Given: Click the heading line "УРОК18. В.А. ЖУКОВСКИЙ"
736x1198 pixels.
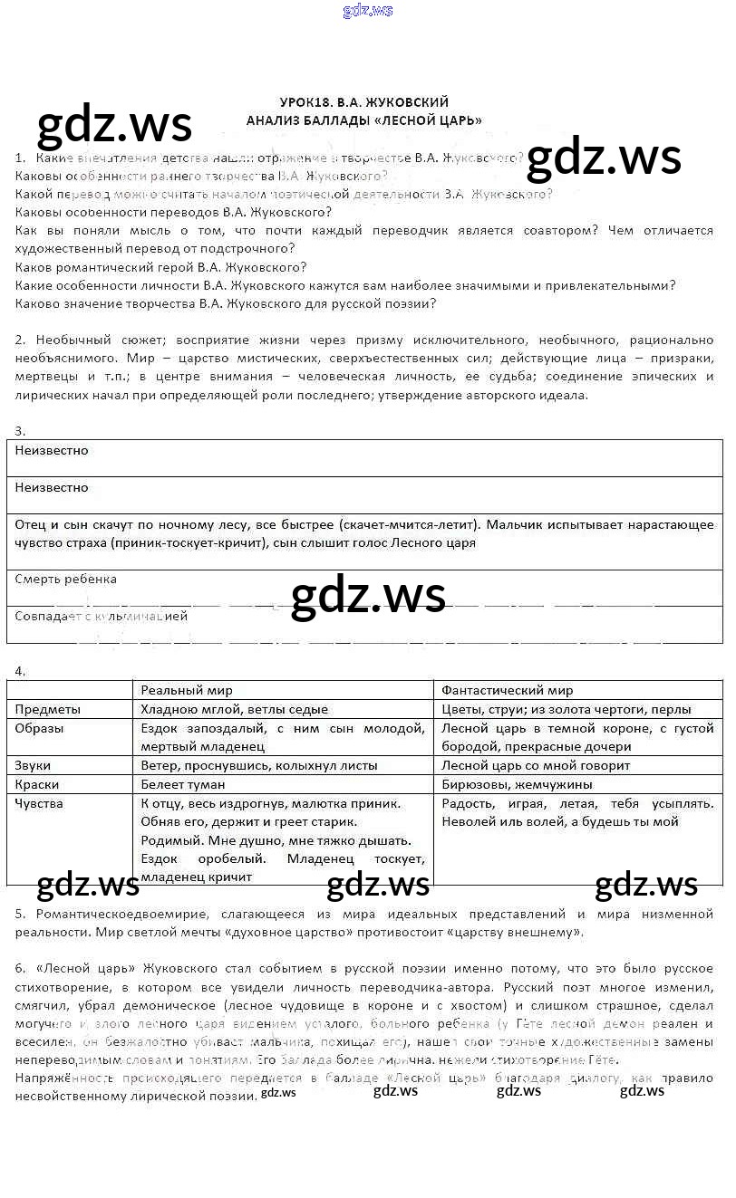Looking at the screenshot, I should [364, 102].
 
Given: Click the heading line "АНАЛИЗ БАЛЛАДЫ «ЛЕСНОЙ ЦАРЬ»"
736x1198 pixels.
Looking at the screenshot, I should [364, 120].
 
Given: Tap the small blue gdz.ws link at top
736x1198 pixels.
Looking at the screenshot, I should [368, 11].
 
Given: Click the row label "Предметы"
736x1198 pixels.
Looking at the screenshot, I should [48, 709].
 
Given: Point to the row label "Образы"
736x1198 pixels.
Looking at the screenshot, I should [40, 728].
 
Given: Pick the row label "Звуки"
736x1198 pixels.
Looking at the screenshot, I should [34, 765].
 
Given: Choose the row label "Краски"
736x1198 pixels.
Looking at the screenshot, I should [37, 784].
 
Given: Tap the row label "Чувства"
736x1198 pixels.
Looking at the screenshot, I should [40, 803].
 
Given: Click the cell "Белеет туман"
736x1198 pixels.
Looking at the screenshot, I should [183, 784].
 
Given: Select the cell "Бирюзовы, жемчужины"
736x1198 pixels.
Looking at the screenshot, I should [517, 784].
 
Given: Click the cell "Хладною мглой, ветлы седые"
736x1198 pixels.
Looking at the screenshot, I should [235, 709].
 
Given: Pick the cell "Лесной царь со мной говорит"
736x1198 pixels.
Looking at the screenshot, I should [536, 765].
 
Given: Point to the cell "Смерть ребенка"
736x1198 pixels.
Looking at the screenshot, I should [66, 579].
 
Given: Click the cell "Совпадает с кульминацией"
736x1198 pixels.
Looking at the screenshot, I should [102, 616].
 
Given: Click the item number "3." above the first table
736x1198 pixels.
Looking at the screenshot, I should [20, 431].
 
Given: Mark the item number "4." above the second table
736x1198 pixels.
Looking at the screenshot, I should [20, 671].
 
